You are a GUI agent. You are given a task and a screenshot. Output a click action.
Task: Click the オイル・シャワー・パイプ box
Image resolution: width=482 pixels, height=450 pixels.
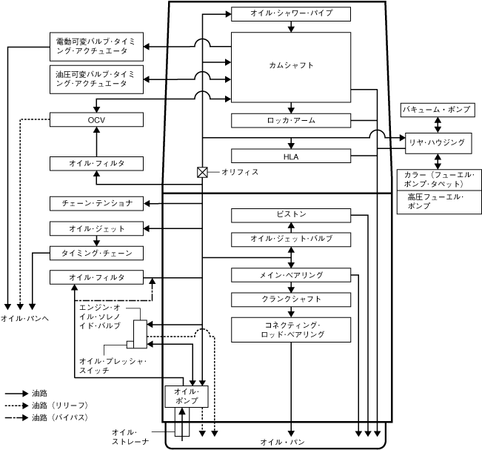290,14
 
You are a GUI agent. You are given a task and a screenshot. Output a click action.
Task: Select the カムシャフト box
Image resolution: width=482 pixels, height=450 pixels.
290,67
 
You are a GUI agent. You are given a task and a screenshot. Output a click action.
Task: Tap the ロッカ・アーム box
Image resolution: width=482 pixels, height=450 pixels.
290,120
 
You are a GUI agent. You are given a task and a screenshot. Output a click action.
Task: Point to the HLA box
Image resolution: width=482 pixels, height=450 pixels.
290,156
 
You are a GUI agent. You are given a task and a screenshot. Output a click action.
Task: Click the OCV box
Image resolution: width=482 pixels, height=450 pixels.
96,119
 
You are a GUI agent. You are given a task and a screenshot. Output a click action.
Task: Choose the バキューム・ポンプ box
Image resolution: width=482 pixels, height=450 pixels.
436,110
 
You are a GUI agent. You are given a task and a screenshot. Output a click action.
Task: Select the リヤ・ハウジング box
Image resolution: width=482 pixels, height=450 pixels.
436,142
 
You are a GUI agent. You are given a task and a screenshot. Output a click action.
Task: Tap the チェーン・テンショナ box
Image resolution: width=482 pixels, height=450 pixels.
96,203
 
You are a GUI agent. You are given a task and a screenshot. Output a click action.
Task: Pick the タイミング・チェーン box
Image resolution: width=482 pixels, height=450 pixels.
96,254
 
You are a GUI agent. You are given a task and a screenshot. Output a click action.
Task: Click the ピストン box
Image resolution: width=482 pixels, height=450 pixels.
290,215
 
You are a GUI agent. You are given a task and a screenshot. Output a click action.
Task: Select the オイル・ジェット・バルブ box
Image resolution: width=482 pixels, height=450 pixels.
290,239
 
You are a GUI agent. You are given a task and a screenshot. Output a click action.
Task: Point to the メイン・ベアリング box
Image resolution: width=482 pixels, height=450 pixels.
290,276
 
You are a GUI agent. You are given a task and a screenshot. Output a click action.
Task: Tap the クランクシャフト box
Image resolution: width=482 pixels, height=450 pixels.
290,300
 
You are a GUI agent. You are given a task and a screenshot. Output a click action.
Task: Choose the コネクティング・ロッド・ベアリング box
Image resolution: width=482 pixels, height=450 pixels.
290,330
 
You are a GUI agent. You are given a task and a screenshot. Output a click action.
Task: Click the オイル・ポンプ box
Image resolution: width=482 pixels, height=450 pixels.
186,396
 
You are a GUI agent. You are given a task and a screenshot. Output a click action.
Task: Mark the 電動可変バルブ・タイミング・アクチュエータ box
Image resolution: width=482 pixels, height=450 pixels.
96,47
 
